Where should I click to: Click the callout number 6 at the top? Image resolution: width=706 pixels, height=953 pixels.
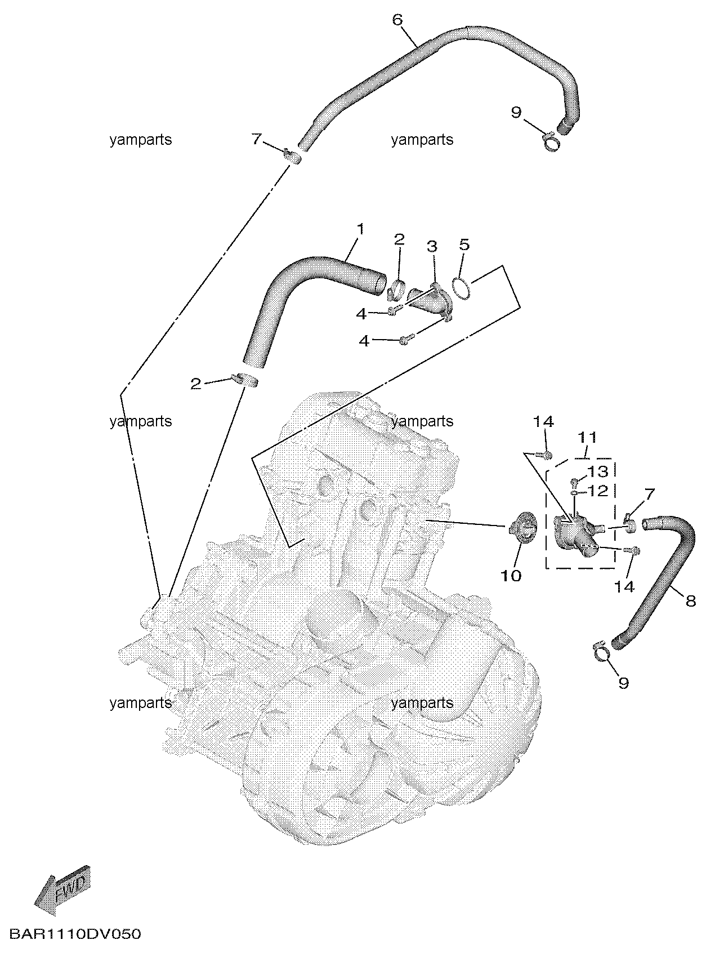click(397, 20)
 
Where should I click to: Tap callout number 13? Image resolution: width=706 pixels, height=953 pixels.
click(597, 472)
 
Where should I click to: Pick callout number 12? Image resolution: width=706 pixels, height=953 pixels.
click(597, 490)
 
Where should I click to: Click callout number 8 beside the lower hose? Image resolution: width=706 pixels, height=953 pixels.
click(691, 601)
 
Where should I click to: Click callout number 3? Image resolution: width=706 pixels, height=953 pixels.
click(432, 246)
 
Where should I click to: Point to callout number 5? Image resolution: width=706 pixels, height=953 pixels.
click(464, 244)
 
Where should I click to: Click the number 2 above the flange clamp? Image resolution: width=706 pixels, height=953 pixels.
click(399, 239)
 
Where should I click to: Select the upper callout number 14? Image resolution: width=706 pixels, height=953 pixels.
click(544, 421)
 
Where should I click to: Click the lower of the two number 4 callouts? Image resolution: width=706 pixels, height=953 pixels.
click(364, 341)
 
